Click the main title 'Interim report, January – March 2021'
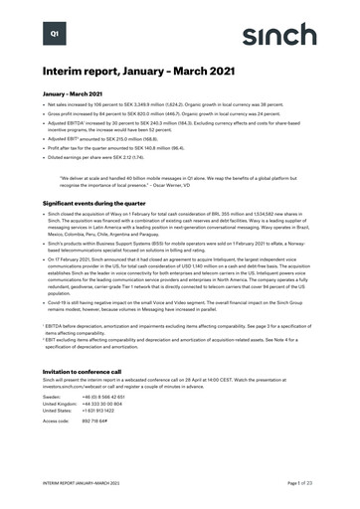point(125,72)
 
